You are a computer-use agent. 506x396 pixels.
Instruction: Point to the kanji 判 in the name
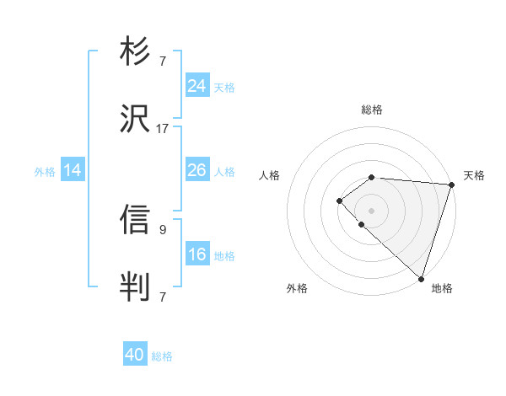coord(135,285)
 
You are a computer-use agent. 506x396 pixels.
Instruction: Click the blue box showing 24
coord(196,85)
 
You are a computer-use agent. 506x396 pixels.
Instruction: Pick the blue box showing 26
coord(196,170)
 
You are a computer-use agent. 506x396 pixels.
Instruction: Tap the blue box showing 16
coord(196,254)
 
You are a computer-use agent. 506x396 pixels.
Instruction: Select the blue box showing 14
coord(73,170)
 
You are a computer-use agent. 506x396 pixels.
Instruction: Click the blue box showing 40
coord(135,355)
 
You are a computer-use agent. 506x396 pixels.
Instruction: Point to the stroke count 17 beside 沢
coord(163,129)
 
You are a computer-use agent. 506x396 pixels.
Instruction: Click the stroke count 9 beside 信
coord(163,227)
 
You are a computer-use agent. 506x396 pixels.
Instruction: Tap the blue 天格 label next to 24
coord(224,87)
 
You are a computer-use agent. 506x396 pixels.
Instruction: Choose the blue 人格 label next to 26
coord(224,172)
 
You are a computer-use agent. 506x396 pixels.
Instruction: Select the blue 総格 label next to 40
coord(163,356)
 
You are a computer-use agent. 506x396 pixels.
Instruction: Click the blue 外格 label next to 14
coord(45,172)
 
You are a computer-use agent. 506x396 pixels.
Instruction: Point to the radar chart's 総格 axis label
coord(371,110)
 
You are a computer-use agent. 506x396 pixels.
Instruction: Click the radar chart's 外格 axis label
coord(297,288)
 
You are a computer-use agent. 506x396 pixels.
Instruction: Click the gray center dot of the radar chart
coord(371,210)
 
